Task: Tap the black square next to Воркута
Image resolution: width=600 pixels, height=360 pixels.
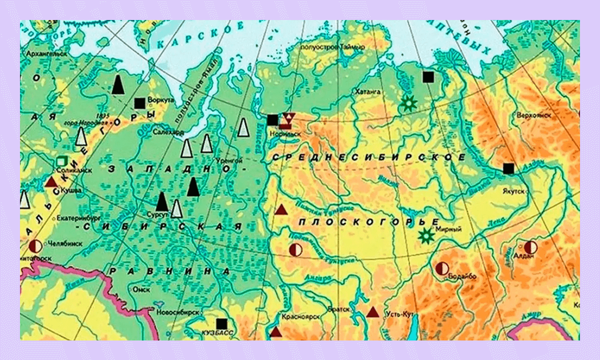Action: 139,103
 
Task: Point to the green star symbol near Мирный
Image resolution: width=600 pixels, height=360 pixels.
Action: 426,235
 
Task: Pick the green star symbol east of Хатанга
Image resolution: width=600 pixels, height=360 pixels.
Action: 409,103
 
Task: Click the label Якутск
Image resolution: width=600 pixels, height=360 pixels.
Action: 514,190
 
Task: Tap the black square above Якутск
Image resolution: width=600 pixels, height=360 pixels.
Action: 508,168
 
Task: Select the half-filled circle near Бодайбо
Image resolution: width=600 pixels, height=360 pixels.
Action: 441,268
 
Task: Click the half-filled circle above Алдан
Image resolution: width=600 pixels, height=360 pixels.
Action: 530,247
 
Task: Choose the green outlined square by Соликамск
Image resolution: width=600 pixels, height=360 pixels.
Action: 62,161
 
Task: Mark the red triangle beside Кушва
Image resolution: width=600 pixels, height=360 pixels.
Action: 51,181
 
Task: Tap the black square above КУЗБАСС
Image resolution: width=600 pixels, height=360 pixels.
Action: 221,323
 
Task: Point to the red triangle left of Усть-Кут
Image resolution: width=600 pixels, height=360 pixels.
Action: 372,312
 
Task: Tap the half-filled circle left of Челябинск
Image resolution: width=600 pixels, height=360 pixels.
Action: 35,245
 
